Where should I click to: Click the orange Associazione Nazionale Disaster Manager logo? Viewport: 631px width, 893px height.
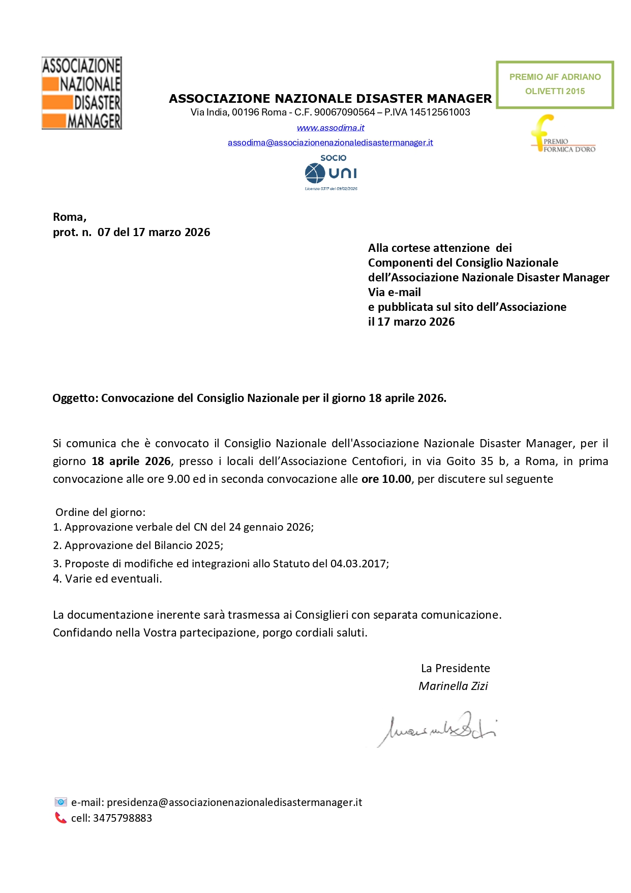(x=81, y=93)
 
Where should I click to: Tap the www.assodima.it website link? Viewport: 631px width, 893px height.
(x=330, y=128)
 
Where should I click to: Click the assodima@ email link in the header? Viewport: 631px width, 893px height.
(x=330, y=142)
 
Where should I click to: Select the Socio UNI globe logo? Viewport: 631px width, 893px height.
(x=331, y=173)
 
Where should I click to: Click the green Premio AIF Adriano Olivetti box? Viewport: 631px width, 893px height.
(x=555, y=84)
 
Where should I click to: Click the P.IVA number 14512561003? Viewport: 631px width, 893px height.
(x=440, y=112)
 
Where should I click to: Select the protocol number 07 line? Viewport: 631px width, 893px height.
(x=131, y=233)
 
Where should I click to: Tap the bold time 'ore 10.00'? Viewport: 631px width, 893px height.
(x=386, y=479)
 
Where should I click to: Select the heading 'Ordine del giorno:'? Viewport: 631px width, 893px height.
(x=100, y=512)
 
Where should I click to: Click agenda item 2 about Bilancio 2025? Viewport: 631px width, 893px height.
(x=138, y=545)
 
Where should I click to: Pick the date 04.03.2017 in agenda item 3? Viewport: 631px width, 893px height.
(x=358, y=564)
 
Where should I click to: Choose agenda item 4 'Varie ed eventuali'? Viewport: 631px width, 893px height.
(x=107, y=579)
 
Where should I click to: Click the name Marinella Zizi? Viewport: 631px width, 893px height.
(x=453, y=686)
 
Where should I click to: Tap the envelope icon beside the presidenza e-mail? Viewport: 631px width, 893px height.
(x=61, y=802)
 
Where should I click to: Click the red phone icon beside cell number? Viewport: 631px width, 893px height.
(x=61, y=818)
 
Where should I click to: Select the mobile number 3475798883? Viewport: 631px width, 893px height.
(x=122, y=818)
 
